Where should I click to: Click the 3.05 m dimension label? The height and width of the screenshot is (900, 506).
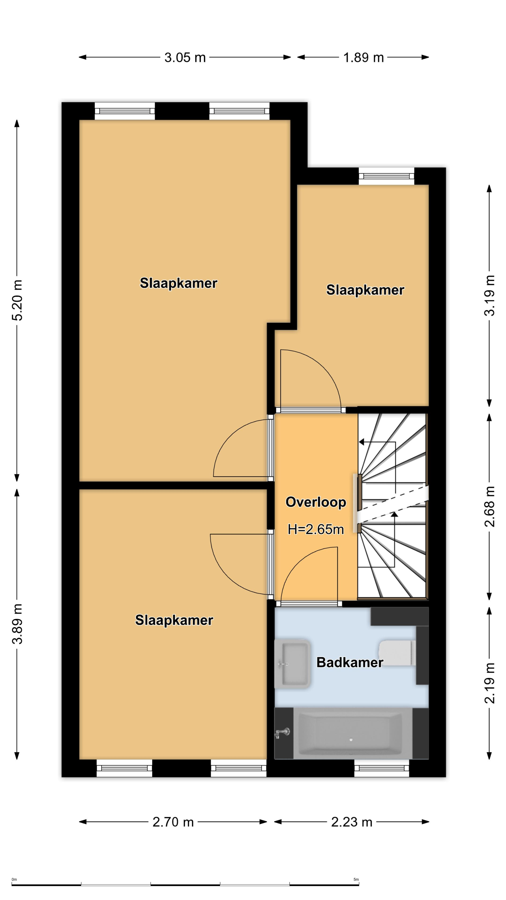[x=185, y=57]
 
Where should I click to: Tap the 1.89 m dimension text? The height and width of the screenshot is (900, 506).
[x=364, y=57]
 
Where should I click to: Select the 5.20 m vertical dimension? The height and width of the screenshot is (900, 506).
[x=18, y=300]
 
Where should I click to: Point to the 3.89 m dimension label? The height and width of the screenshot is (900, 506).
[x=18, y=624]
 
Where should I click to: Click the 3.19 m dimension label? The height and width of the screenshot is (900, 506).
[x=490, y=296]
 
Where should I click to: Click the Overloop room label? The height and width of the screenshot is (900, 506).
[x=316, y=502]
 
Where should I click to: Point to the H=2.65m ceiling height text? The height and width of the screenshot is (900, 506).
[x=316, y=529]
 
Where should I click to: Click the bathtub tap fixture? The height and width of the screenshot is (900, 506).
[x=283, y=732]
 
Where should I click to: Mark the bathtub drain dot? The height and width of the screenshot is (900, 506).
[x=351, y=740]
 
